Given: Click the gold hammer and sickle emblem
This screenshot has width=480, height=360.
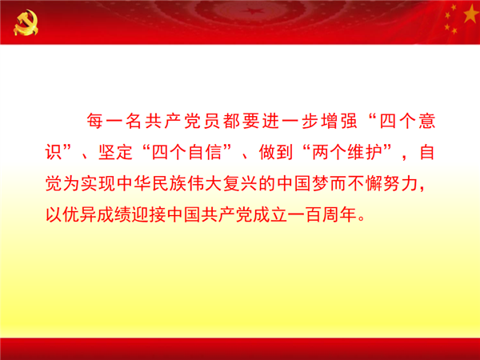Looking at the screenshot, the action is coord(26,22).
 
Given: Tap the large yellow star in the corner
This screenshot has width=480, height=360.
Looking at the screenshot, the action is coord(471,14).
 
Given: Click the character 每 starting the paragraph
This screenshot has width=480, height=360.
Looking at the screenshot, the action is coord(95,121).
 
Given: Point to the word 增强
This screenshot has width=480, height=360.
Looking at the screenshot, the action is coord(339,121).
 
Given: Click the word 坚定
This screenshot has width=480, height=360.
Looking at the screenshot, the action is coord(115,152).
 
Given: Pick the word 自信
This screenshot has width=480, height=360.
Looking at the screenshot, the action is coord(205,152).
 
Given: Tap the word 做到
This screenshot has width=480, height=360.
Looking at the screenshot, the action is coord(275,152).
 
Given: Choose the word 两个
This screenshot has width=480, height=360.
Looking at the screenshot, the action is coord(329,152).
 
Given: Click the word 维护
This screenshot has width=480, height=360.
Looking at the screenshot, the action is coord(365,152).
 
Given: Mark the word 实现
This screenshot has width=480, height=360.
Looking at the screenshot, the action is coord(98,184).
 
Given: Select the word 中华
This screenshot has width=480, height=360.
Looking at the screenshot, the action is coord(134,184).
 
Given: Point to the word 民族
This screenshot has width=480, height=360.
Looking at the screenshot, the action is coord(169,184).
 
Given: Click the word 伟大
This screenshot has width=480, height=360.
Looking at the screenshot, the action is coord(205,184).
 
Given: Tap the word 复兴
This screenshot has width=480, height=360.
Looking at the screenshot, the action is coord(240,184).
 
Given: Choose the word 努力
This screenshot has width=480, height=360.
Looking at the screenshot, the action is coord(401,184).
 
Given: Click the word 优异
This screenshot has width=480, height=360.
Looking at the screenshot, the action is coord(79,214).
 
